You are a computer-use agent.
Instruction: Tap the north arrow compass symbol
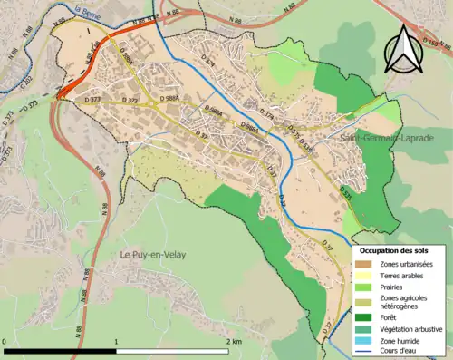pos(402,49)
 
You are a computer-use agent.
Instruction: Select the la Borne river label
pos(88,12)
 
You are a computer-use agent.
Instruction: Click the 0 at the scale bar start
pos(5,341)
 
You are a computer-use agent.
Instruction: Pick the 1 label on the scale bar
pos(116,341)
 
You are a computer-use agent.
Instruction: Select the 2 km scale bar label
pos(233,341)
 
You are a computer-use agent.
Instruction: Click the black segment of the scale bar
pos(60,350)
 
